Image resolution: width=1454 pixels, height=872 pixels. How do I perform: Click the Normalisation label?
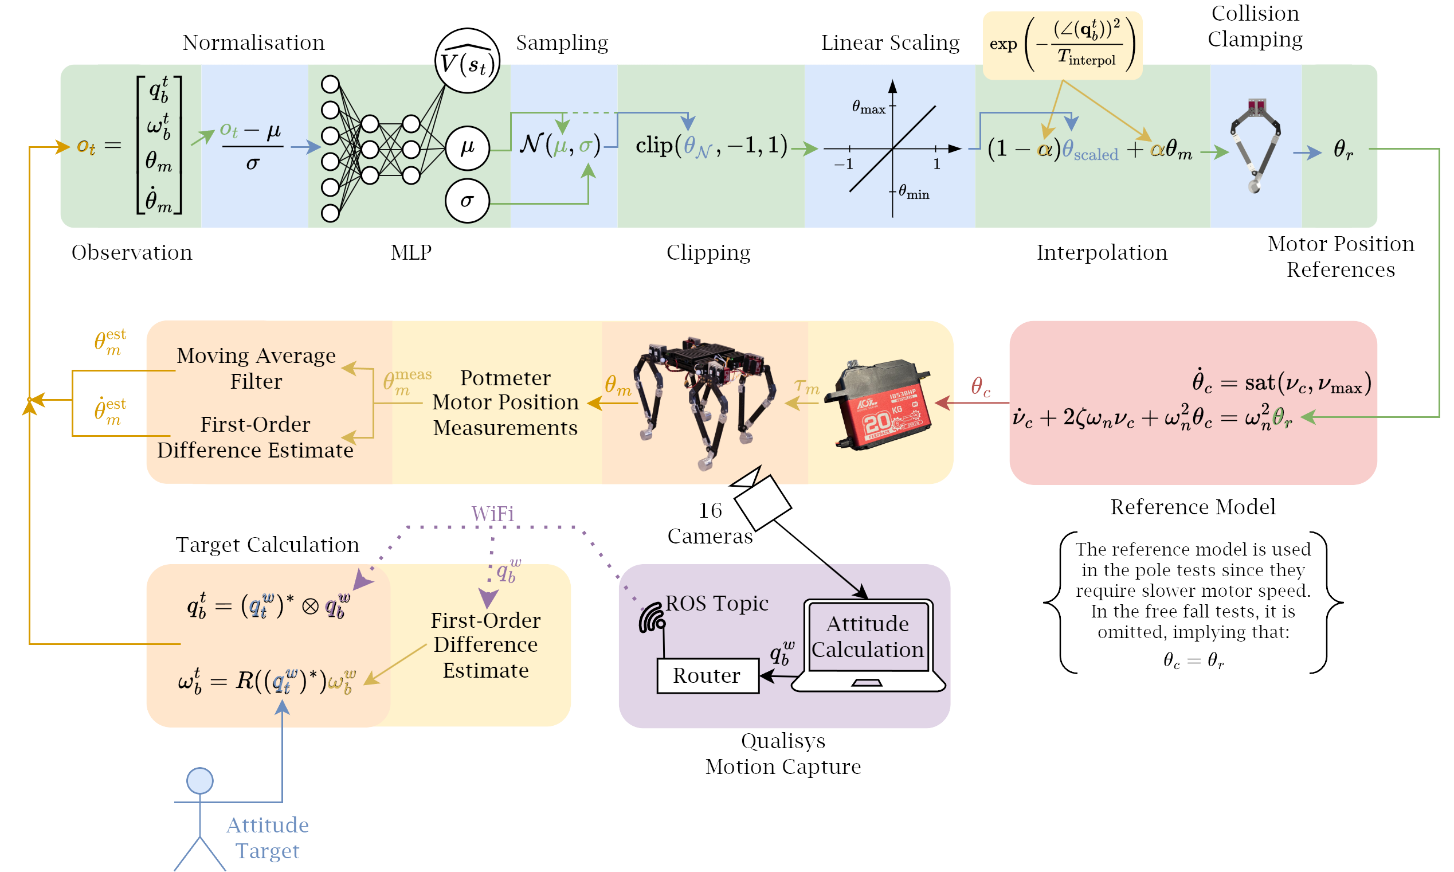pyautogui.click(x=253, y=43)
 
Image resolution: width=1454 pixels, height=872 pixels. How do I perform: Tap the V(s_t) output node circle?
pyautogui.click(x=467, y=61)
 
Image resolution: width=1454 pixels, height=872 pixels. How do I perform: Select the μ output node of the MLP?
pyautogui.click(x=467, y=148)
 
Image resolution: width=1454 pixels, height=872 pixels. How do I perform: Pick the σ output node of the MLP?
pyautogui.click(x=467, y=201)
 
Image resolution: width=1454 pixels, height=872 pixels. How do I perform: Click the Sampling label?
pyautogui.click(x=562, y=43)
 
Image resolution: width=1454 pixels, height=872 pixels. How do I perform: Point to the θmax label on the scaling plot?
pyautogui.click(x=868, y=108)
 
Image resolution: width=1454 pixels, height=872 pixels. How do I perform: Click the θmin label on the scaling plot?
pyautogui.click(x=914, y=192)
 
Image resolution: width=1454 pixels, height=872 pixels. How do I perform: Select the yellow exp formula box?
pyautogui.click(x=1062, y=45)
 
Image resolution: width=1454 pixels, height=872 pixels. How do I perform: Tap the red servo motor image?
pyautogui.click(x=879, y=404)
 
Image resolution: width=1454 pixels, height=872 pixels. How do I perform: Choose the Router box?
pyautogui.click(x=707, y=676)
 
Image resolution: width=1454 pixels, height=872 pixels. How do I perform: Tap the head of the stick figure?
pyautogui.click(x=199, y=781)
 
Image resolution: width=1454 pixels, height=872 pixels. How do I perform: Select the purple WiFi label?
pyautogui.click(x=492, y=514)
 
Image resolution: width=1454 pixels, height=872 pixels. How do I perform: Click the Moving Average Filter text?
pyautogui.click(x=256, y=369)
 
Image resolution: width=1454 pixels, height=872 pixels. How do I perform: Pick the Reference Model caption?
pyautogui.click(x=1192, y=506)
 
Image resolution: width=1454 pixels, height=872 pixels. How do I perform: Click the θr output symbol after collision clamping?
pyautogui.click(x=1343, y=149)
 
